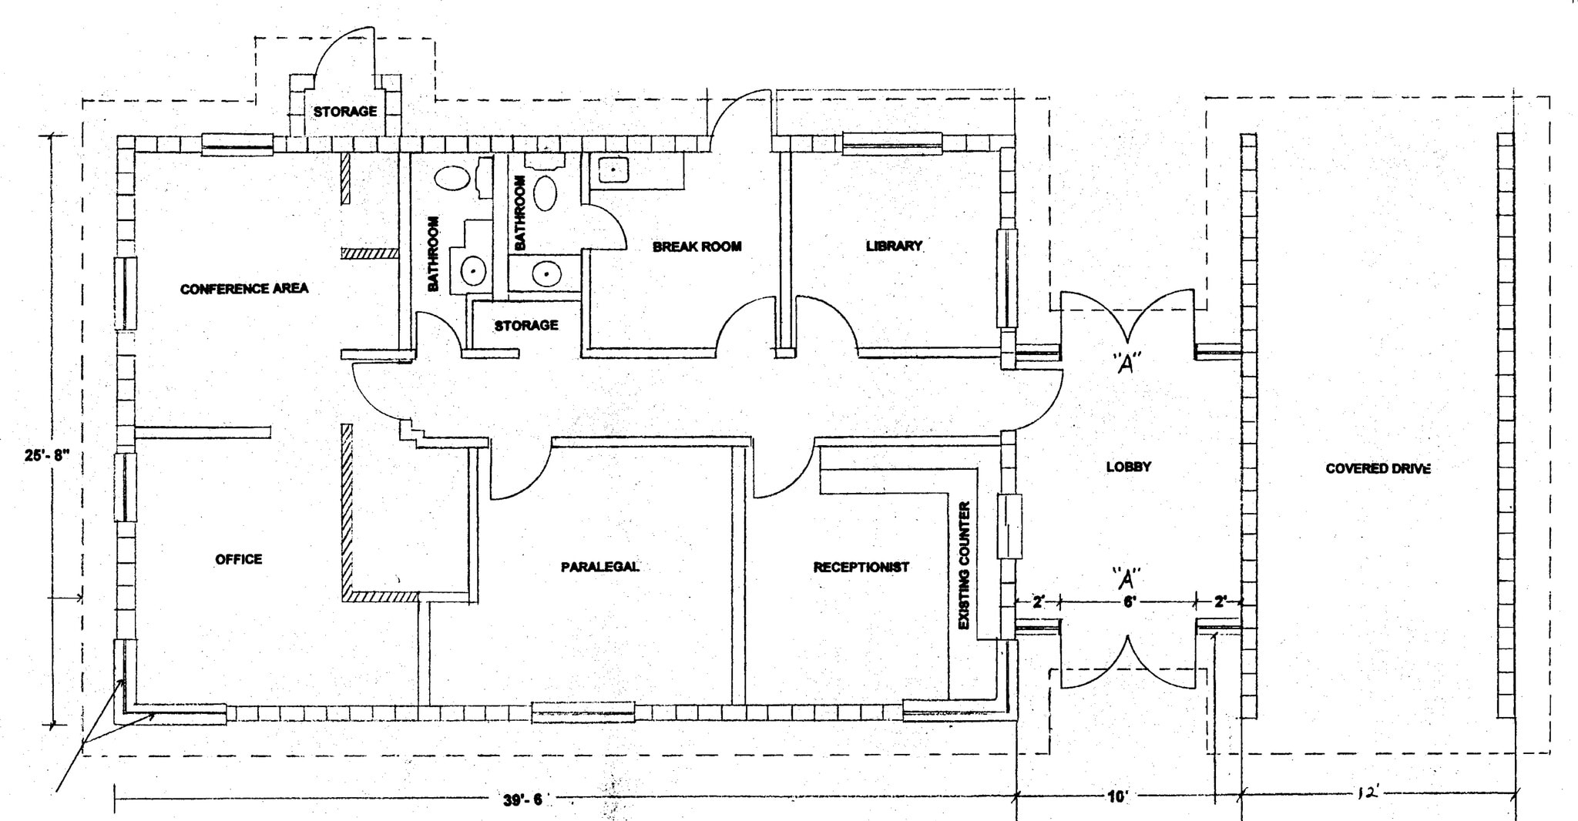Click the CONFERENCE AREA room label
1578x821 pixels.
pyautogui.click(x=244, y=289)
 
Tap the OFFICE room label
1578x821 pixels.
pyautogui.click(x=238, y=559)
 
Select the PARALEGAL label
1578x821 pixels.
pyautogui.click(x=599, y=567)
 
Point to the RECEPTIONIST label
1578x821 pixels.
pyautogui.click(x=861, y=567)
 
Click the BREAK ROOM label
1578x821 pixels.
pyautogui.click(x=697, y=246)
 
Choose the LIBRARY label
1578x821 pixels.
pyautogui.click(x=894, y=246)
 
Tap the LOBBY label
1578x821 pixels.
pyautogui.click(x=1128, y=467)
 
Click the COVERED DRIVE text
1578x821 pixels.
pyautogui.click(x=1378, y=468)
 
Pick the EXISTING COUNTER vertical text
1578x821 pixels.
pyautogui.click(x=964, y=566)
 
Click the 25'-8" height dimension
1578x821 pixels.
pyautogui.click(x=47, y=455)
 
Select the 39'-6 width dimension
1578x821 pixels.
pyautogui.click(x=522, y=800)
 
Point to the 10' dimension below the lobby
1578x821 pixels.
pyautogui.click(x=1117, y=796)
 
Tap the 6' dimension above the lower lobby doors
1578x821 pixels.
pyautogui.click(x=1129, y=602)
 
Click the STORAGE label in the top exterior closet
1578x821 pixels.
pyautogui.click(x=344, y=112)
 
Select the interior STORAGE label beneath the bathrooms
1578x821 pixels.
pyautogui.click(x=526, y=326)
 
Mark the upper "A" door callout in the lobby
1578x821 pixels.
pyautogui.click(x=1126, y=363)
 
